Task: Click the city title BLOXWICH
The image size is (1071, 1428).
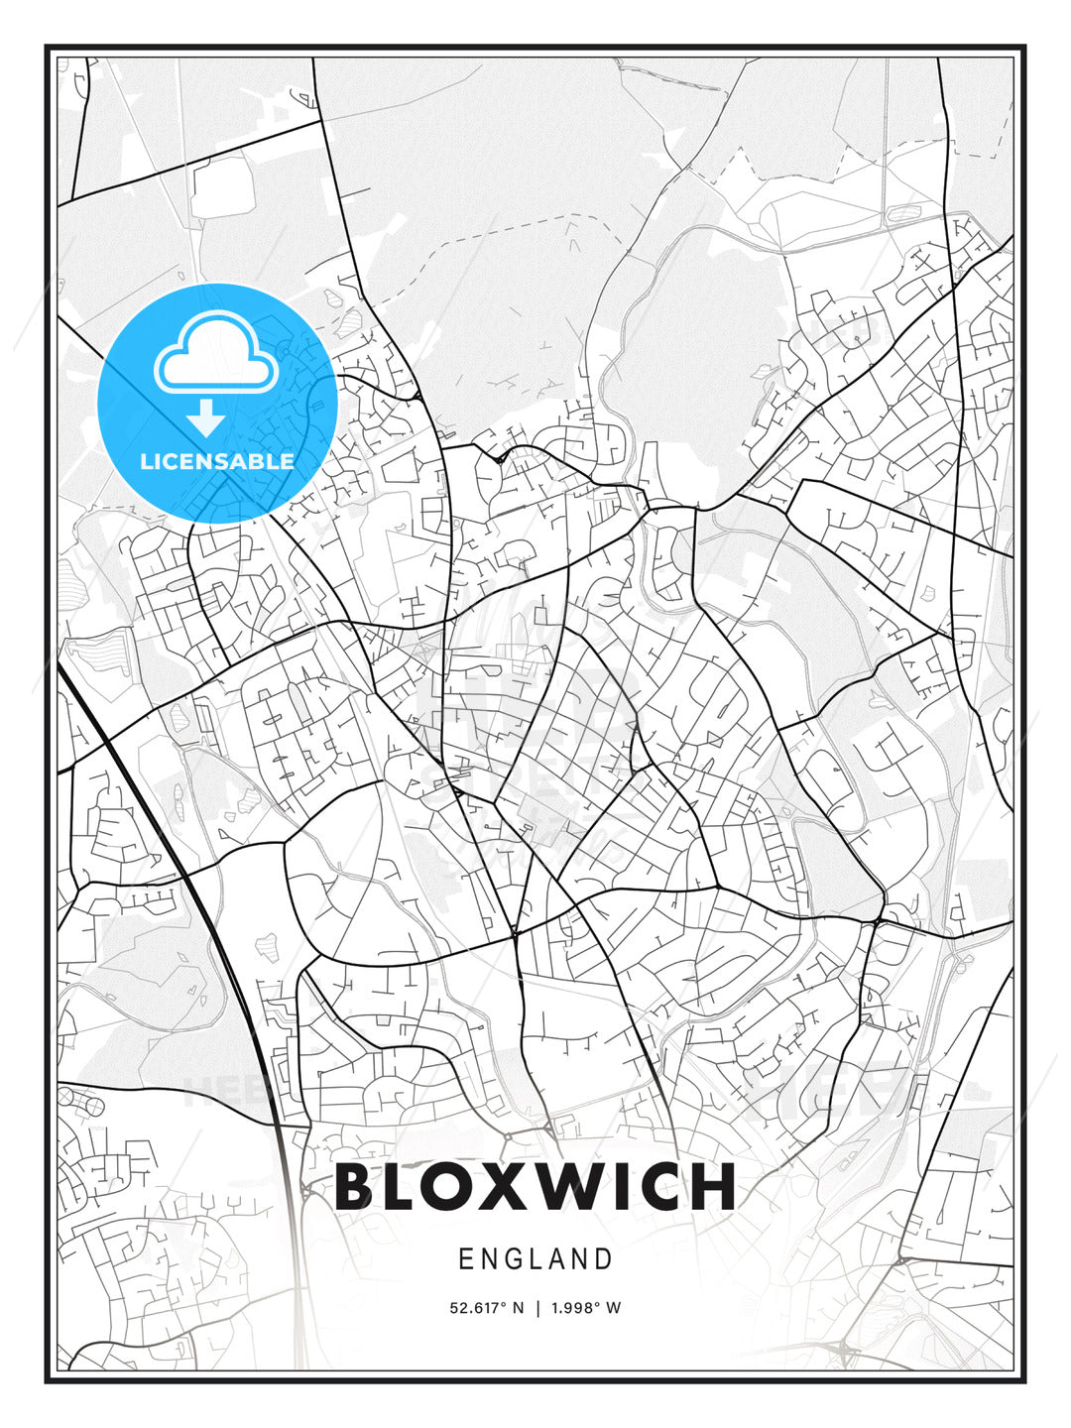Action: coord(535,1186)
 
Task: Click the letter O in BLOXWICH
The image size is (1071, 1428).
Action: coord(446,1186)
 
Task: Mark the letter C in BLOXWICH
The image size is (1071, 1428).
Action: coord(659,1186)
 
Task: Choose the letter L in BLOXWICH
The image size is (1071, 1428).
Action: coord(400,1186)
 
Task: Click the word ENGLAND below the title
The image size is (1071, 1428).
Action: coord(535,1259)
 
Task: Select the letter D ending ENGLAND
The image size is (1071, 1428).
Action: coord(604,1259)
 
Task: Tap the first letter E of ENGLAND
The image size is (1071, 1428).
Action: coord(466,1259)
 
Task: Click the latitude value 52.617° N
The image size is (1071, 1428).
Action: coord(486,1308)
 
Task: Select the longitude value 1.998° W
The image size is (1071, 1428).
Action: coord(585,1308)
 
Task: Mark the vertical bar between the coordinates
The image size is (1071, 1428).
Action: coord(536,1308)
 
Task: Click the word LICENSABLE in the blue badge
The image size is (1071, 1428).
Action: coord(217,461)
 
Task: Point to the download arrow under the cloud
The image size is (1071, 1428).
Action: coord(206,417)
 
